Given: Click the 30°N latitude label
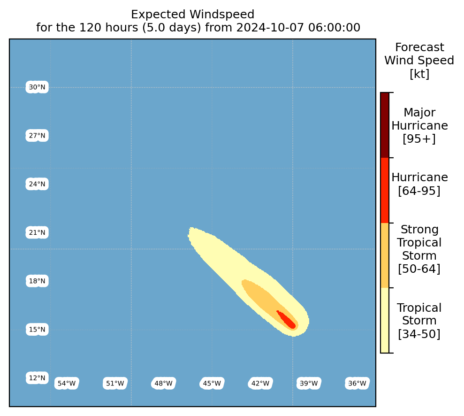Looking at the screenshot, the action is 37,87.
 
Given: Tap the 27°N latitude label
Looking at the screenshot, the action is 37,136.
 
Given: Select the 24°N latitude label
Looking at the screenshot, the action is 37,184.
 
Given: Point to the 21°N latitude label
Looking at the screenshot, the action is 37,232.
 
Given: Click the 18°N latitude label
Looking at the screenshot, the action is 37,281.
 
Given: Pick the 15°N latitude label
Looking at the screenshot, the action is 37,329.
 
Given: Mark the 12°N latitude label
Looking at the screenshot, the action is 37,378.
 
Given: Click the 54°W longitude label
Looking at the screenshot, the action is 67,384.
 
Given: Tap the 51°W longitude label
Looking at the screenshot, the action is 115,384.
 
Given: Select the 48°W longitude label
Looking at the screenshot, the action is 164,384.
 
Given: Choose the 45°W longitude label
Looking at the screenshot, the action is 212,384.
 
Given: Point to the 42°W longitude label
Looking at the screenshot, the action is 260,384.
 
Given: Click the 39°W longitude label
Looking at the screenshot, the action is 309,384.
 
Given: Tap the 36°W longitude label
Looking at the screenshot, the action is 357,384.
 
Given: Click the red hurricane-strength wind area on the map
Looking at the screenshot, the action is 287,320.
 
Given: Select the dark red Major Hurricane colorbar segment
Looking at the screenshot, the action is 385,125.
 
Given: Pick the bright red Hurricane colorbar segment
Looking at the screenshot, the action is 385,190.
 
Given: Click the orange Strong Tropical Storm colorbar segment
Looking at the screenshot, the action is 385,255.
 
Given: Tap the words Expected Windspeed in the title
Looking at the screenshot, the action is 193,15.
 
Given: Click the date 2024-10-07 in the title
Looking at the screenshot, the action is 270,28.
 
